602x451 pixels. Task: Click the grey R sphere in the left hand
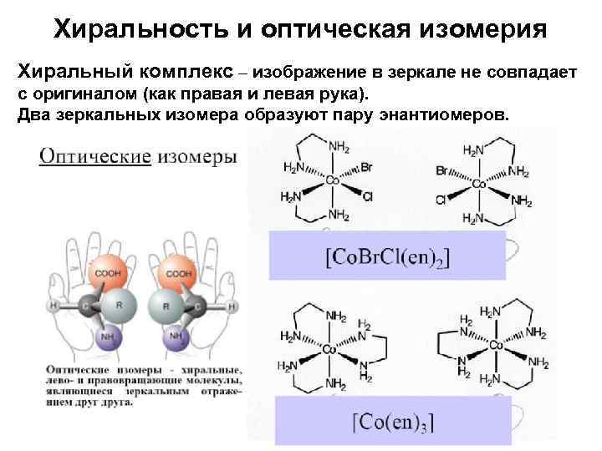(x=120, y=306)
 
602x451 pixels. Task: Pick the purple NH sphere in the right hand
(x=176, y=338)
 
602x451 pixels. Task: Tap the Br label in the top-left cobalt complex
(x=366, y=167)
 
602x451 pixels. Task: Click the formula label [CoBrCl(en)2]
(x=386, y=256)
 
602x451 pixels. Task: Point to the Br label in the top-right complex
(x=442, y=170)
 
